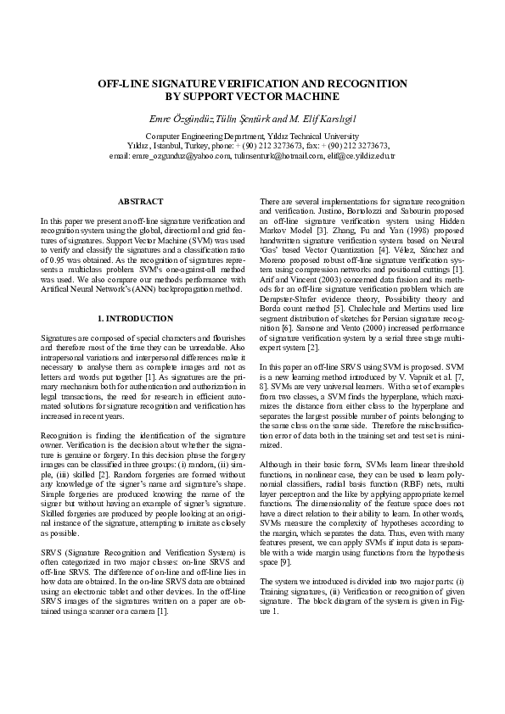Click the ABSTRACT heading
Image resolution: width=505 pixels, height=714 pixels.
[x=140, y=201]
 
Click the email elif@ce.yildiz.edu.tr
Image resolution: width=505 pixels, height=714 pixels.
[x=363, y=156]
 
